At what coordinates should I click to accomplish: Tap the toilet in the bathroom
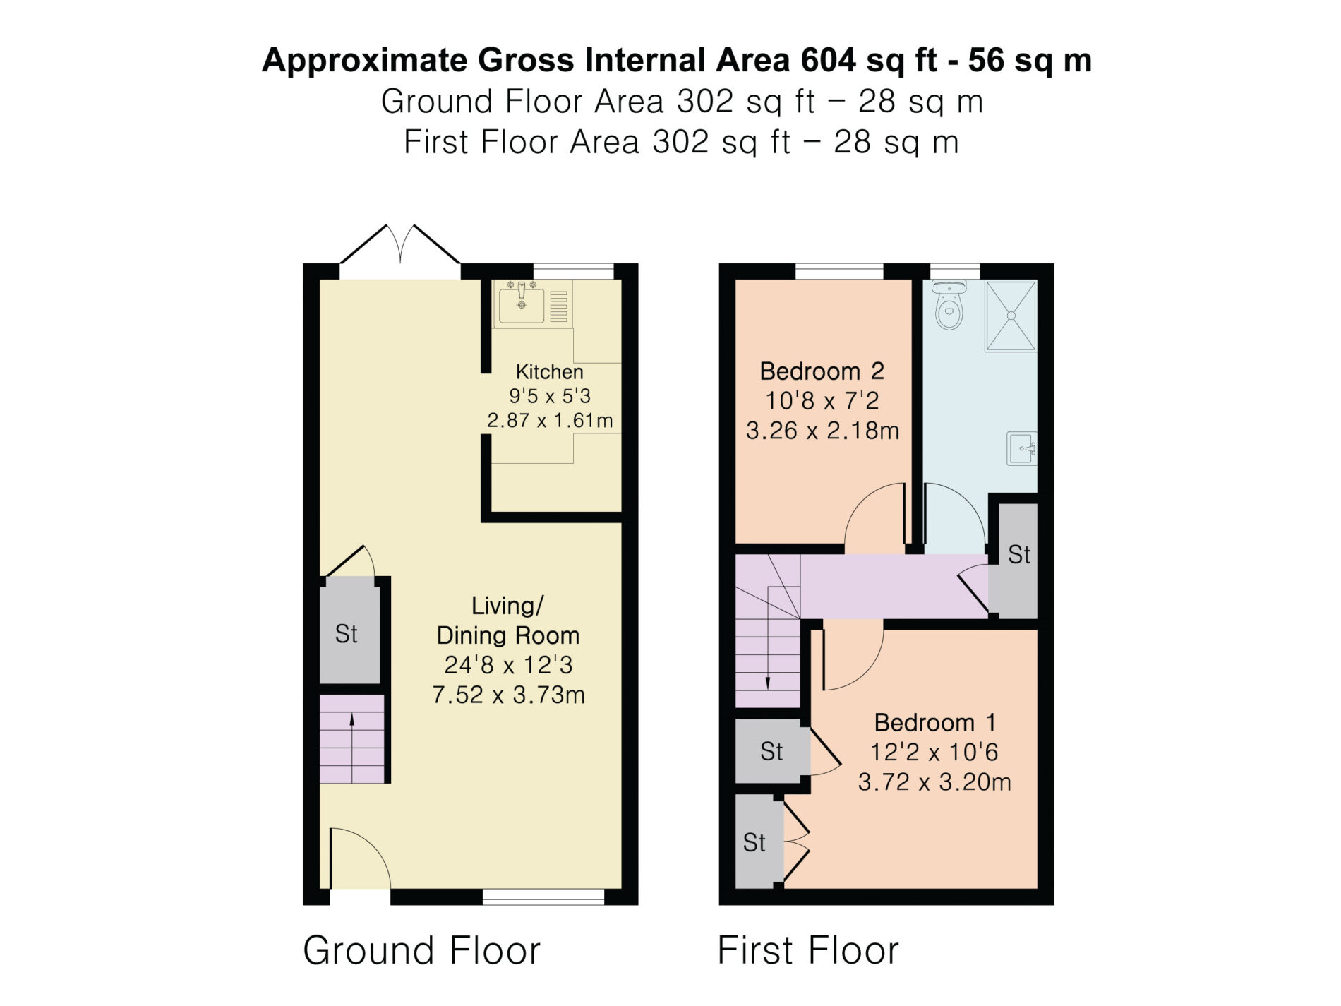point(949,304)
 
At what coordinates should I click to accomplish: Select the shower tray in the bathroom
point(1011,316)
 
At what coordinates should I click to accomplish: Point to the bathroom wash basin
point(1022,448)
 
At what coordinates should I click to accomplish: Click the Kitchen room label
point(550,372)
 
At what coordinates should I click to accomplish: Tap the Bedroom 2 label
point(822,371)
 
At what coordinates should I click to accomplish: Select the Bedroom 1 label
point(934,722)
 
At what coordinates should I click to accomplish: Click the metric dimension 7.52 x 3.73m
point(509,695)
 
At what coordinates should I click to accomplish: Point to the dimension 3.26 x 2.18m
point(823,431)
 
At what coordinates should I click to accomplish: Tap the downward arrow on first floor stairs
point(768,664)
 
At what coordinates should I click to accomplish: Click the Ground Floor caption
point(421,950)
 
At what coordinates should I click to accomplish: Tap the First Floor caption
point(808,950)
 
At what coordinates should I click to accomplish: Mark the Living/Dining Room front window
point(543,897)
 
